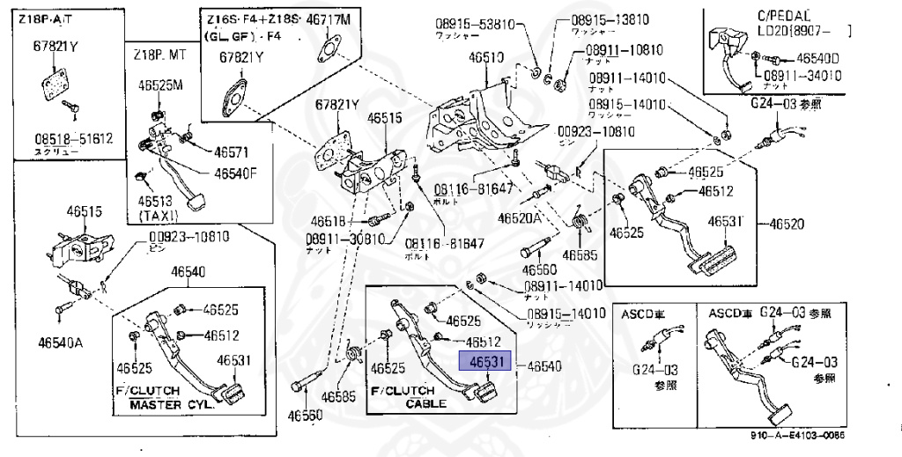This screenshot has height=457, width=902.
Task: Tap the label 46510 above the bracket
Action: (485, 58)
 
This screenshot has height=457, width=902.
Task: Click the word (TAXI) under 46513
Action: (159, 215)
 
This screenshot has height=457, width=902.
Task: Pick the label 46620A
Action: (521, 217)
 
